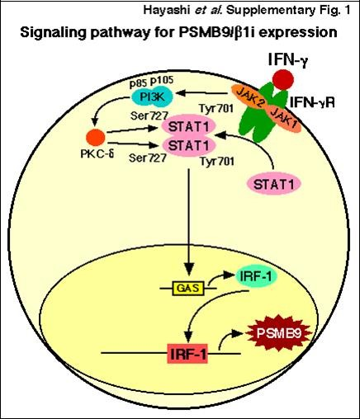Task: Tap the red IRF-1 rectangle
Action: (x=189, y=356)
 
